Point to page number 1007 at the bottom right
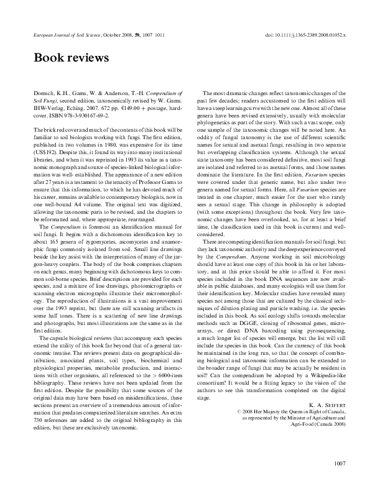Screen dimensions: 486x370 click(x=340, y=462)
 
